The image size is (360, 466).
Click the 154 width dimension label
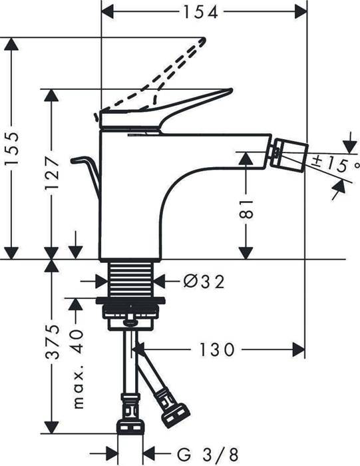tap(204, 11)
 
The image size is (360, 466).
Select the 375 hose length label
tap(55, 345)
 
